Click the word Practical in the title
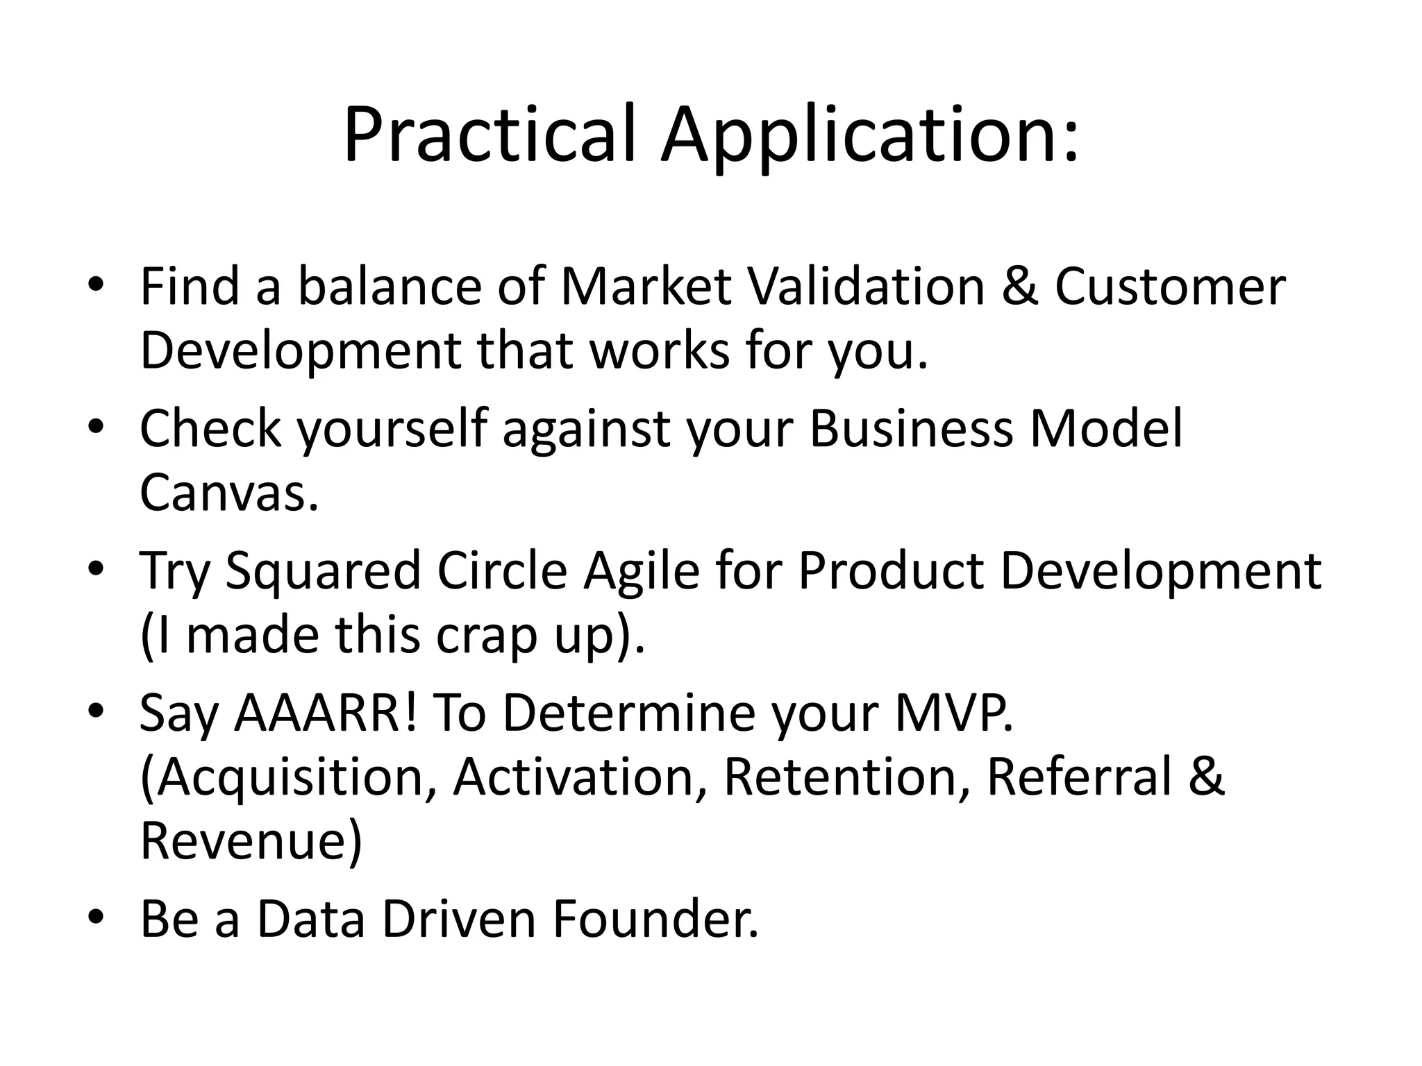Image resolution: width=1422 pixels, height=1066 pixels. tap(490, 135)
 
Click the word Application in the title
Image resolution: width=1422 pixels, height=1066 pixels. tap(869, 135)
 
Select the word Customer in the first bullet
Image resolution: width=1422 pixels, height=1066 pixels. tap(1170, 286)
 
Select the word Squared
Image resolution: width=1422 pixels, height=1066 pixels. tap(323, 570)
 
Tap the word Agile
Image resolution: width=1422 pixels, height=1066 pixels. tap(641, 570)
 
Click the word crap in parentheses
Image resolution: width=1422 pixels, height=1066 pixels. tap(486, 635)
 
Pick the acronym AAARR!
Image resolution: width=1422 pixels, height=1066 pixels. tap(326, 713)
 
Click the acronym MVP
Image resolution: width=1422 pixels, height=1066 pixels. tap(954, 713)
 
